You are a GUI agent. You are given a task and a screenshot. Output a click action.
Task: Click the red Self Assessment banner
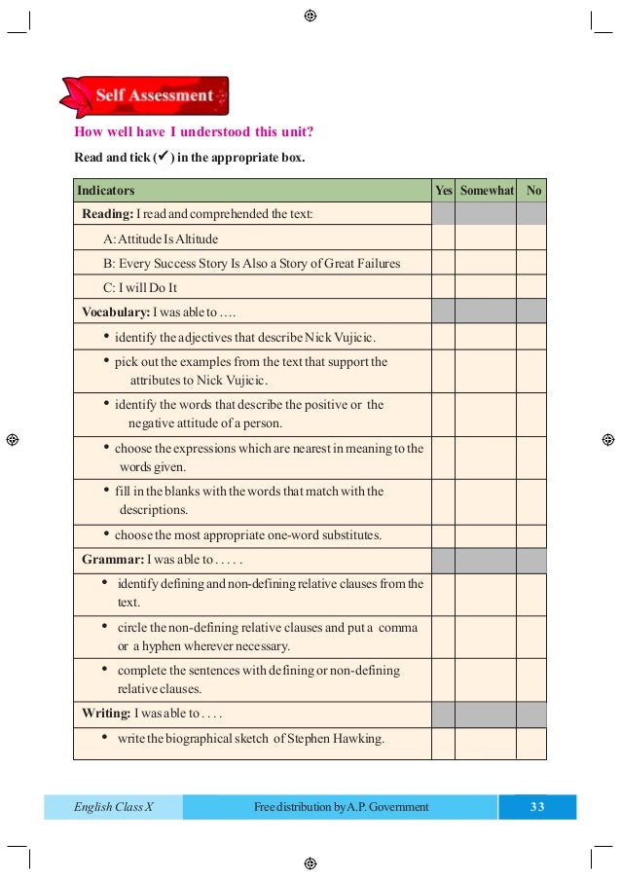[146, 96]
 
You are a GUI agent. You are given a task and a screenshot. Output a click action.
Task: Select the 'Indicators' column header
[106, 191]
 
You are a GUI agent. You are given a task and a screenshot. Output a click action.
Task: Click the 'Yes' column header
[443, 191]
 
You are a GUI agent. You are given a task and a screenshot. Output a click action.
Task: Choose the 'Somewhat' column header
[486, 191]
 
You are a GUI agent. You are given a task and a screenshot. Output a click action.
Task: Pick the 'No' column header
[532, 191]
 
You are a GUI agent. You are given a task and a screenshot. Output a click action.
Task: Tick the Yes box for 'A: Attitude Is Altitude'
[443, 238]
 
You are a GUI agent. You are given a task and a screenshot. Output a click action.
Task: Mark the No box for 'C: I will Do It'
[531, 287]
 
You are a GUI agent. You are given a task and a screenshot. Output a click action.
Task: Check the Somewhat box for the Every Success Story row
[486, 263]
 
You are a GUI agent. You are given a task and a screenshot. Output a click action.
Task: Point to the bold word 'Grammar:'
[112, 561]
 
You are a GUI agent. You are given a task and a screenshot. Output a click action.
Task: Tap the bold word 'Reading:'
[107, 214]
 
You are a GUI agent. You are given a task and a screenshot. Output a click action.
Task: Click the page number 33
[537, 807]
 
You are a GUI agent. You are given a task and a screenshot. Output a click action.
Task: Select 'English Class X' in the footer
[114, 807]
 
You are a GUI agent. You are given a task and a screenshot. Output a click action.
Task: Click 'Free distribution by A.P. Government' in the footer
[341, 807]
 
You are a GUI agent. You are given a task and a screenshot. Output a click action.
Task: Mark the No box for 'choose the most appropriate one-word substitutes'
[531, 534]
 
